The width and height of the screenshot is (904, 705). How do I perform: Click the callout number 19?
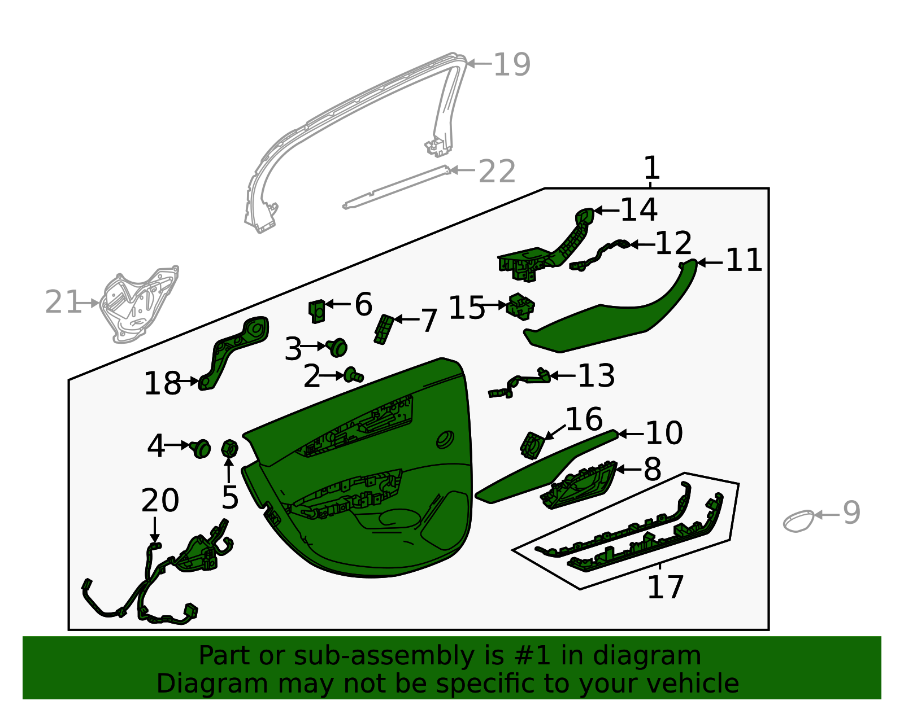click(511, 64)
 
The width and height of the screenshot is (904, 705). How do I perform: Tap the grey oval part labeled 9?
click(798, 520)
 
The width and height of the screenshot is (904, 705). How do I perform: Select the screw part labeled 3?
click(337, 347)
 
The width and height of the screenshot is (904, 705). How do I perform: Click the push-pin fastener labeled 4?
click(201, 448)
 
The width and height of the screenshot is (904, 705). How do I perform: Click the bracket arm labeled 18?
click(234, 350)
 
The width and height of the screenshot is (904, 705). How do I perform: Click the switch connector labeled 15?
click(520, 306)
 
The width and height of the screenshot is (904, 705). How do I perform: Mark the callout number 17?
click(665, 587)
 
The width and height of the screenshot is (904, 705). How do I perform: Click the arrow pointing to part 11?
click(710, 262)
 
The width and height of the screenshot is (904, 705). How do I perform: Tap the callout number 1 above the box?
click(651, 168)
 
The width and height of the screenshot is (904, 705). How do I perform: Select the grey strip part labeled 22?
click(395, 187)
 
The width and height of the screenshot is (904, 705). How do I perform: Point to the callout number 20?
click(160, 500)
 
